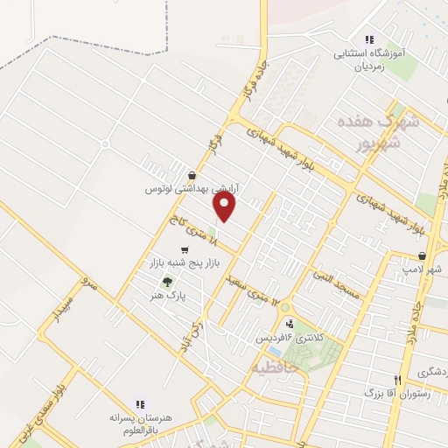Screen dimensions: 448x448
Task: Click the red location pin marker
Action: click(226, 206)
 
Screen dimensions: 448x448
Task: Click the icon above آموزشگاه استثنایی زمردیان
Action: click(369, 39)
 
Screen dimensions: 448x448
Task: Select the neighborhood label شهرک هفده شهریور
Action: click(385, 133)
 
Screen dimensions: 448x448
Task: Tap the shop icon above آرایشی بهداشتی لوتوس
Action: click(192, 174)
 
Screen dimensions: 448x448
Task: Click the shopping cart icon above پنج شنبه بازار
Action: click(184, 250)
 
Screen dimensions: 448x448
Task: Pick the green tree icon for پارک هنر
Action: click(166, 282)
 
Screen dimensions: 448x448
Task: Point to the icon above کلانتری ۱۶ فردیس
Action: click(290, 325)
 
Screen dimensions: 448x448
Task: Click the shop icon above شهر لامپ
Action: click(423, 256)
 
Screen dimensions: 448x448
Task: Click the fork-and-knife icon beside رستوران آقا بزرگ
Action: click(398, 381)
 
